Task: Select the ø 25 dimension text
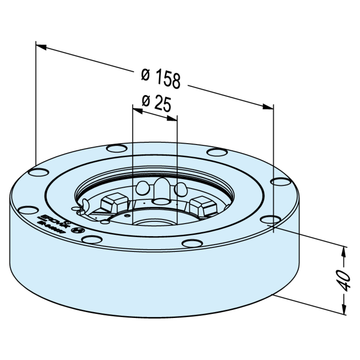(x=156, y=103)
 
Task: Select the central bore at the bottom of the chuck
(x=154, y=223)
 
